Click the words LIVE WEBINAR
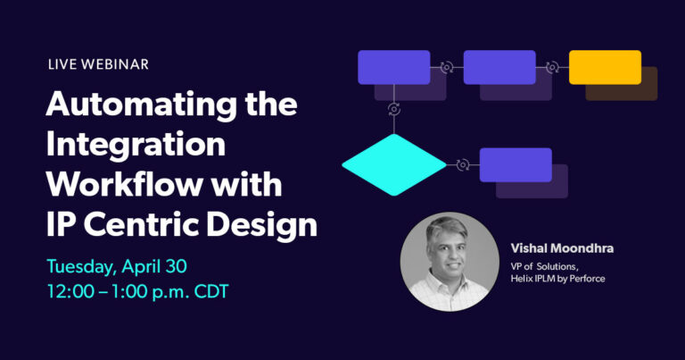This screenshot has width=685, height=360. click(97, 64)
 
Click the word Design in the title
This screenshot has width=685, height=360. click(273, 223)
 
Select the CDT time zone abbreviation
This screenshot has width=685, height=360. click(246, 292)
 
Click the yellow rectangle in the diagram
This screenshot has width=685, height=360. click(605, 67)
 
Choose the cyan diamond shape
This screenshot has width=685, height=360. click(393, 164)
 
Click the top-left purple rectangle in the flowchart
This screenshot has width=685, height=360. click(393, 67)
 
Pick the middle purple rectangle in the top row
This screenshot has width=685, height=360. click(499, 67)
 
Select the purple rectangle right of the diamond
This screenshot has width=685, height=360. click(516, 164)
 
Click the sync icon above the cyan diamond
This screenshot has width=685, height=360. click(393, 109)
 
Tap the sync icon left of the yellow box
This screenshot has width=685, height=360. click(552, 67)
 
